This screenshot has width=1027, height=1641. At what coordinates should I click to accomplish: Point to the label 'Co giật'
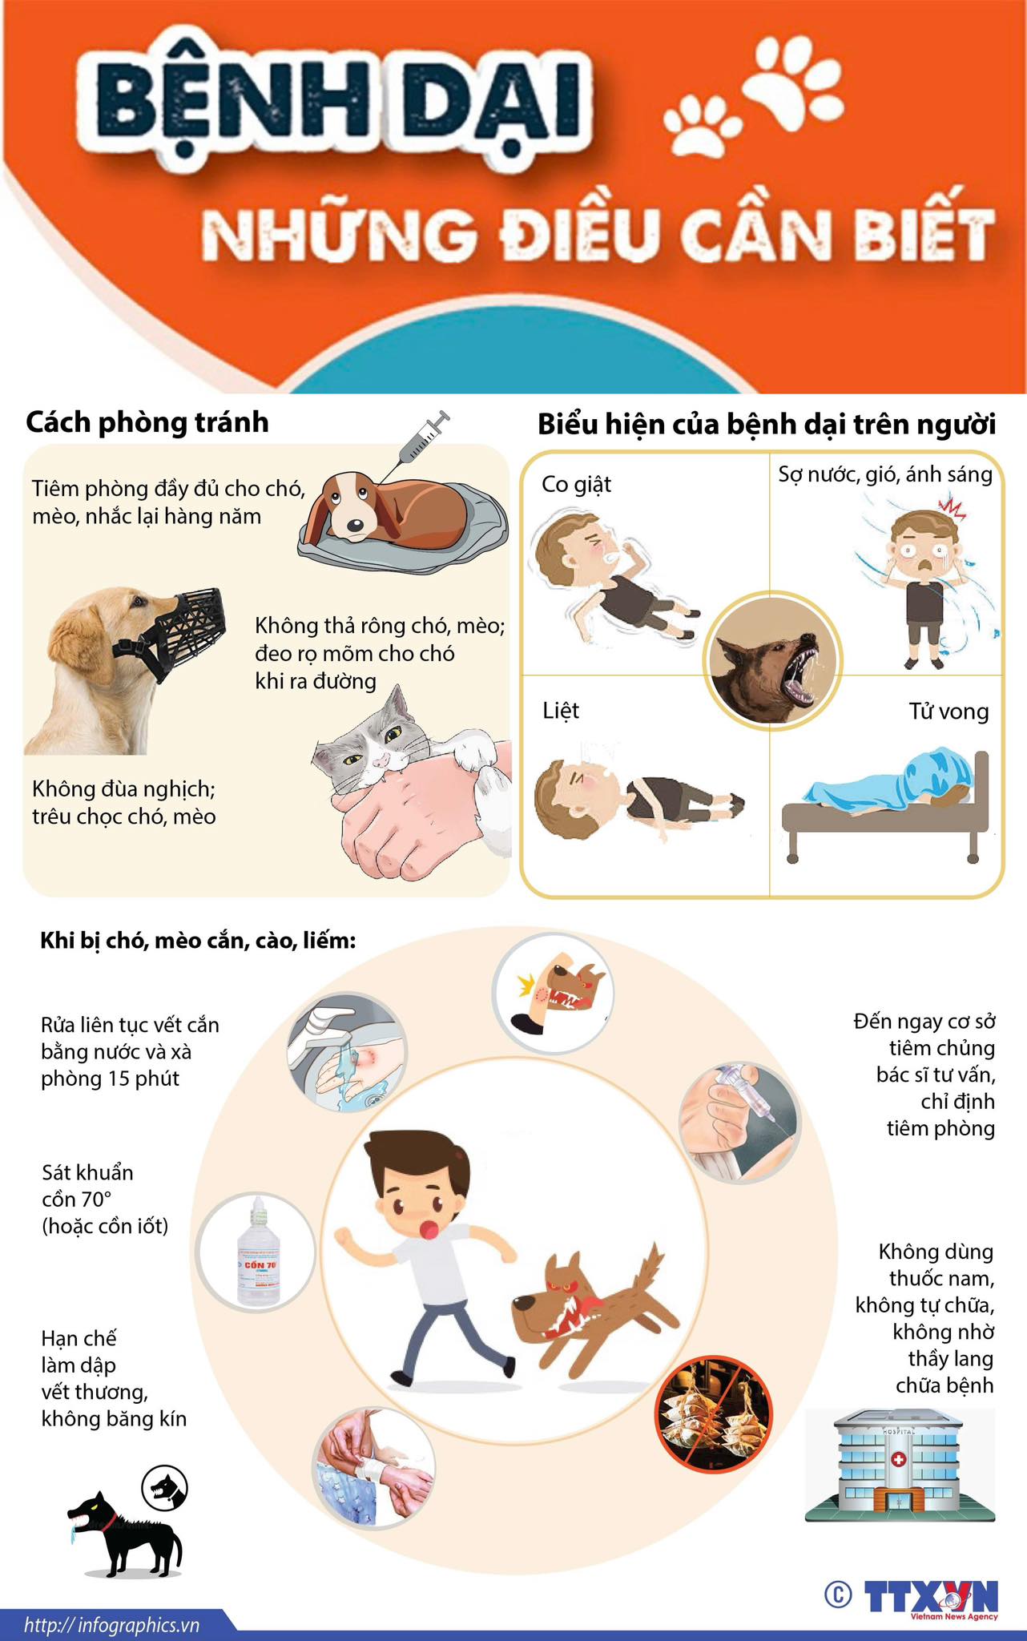tap(576, 485)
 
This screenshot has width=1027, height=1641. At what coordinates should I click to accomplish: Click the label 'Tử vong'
tap(948, 712)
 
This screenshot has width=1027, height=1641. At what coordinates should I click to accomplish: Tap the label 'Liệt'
tap(561, 711)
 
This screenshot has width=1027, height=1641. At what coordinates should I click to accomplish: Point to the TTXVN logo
tap(931, 1598)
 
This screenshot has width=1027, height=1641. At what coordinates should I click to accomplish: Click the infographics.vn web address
tap(111, 1625)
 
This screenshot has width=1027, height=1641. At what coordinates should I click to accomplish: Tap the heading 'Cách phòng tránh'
tap(147, 422)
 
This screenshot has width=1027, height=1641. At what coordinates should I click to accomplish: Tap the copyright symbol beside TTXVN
tap(838, 1595)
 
